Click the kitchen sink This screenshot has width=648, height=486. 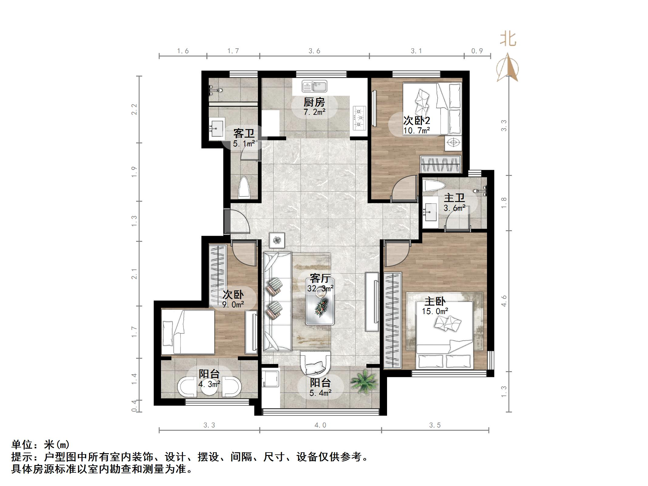click(x=314, y=86)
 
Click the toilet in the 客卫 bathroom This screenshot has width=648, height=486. click(x=244, y=187)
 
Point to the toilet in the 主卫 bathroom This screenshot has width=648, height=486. click(x=434, y=186)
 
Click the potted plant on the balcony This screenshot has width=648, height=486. click(x=364, y=382)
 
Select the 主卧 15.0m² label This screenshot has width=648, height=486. click(x=435, y=306)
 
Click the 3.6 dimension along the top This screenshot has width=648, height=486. click(x=314, y=51)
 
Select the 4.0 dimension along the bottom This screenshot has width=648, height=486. click(x=320, y=425)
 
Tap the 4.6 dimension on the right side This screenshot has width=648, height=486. click(x=504, y=301)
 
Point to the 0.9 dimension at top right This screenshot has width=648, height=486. click(x=477, y=51)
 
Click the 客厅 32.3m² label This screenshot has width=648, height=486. click(x=320, y=283)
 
